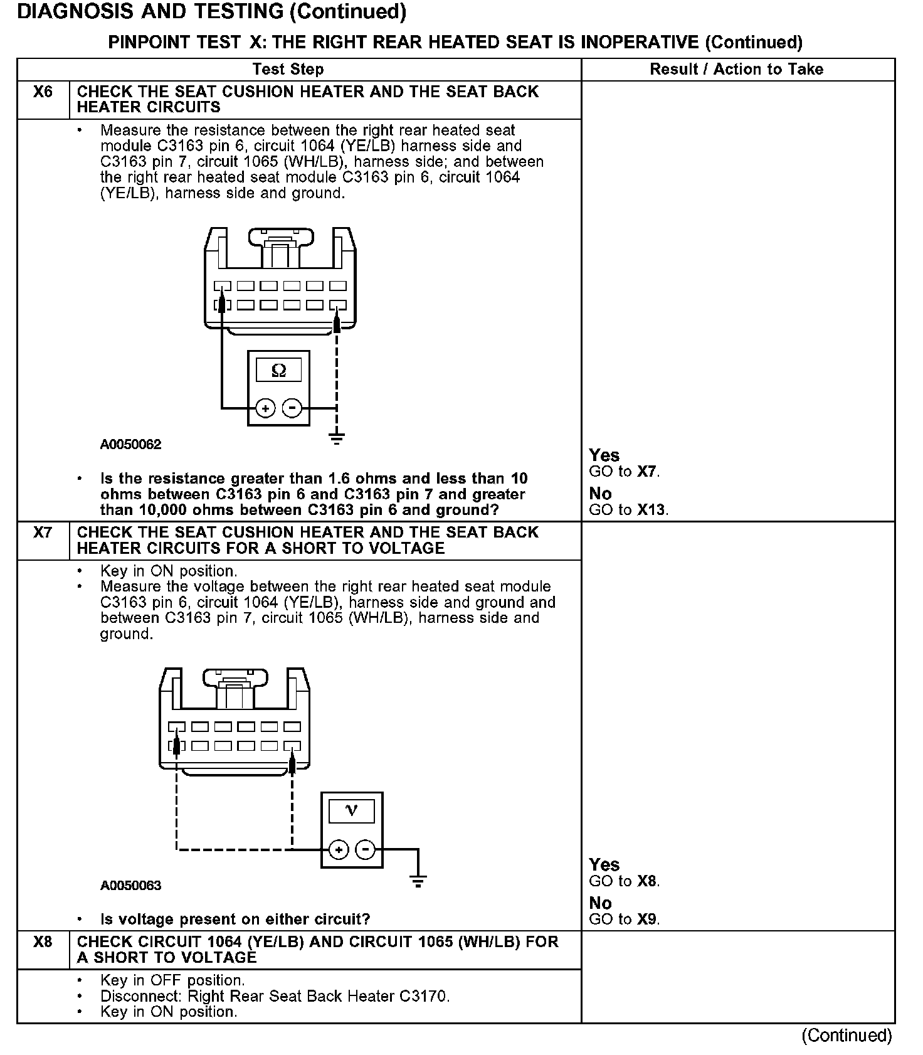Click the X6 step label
tap(43, 92)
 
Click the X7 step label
tap(43, 533)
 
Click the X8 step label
tap(43, 942)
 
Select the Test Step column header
tap(288, 70)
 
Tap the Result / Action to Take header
tap(736, 70)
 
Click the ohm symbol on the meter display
tap(279, 371)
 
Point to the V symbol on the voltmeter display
tap(352, 811)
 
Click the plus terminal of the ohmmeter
tap(266, 409)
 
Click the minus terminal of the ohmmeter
tap(292, 409)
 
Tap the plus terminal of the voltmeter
tap(339, 850)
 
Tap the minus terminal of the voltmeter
tap(366, 850)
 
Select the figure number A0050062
tap(130, 445)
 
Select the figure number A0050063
tap(130, 886)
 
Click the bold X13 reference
tap(652, 510)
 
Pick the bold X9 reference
tap(647, 920)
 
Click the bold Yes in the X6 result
tap(604, 455)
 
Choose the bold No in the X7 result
tap(601, 903)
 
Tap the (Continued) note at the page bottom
tap(847, 1036)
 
